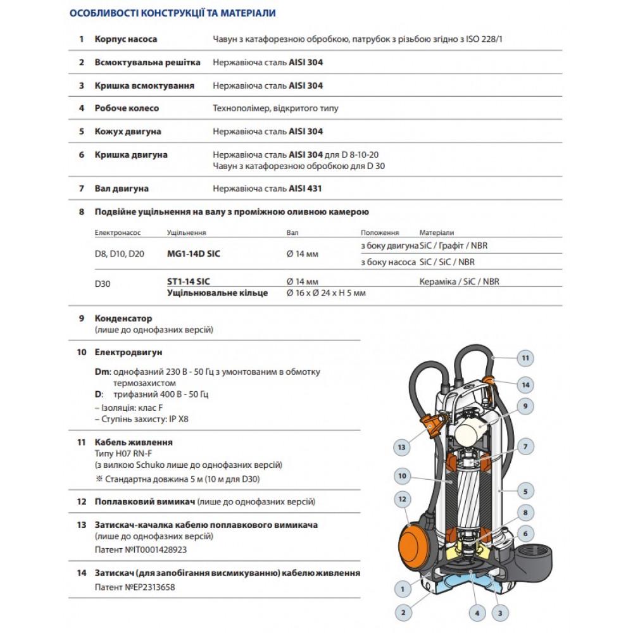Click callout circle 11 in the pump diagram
[523, 358]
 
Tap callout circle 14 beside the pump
[523, 384]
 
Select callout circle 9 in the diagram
[523, 406]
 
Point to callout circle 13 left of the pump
[401, 448]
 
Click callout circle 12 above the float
[400, 500]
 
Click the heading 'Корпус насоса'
[126, 39]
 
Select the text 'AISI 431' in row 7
[310, 189]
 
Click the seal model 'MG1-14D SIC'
[194, 254]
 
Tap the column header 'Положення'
[380, 233]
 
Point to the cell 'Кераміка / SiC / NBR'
[459, 282]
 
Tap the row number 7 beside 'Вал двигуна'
[81, 189]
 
